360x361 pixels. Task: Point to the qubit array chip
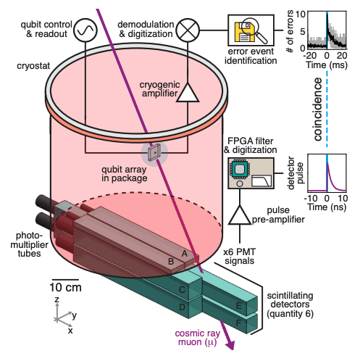tap(154, 153)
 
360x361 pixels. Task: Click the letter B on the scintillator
tap(171, 261)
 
